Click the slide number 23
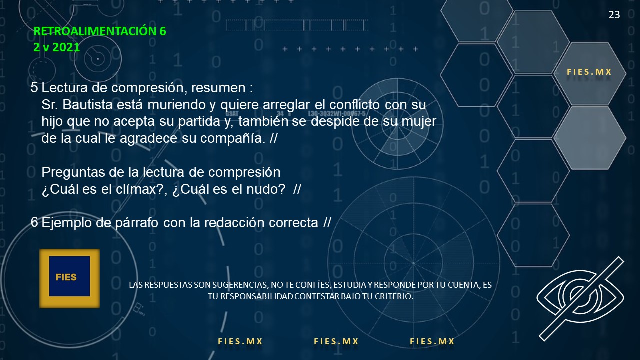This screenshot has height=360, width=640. point(614,15)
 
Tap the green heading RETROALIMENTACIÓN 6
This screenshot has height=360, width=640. point(100,31)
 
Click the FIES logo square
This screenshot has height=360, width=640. point(69,278)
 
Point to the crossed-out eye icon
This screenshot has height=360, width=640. point(580,298)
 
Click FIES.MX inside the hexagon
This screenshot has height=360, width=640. point(589,72)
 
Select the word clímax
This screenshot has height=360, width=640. point(135,189)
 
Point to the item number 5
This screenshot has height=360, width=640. point(34,87)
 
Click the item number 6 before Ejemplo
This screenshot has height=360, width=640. point(34,222)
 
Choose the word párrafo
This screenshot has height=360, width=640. point(137,223)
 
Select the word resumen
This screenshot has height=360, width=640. point(218,88)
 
